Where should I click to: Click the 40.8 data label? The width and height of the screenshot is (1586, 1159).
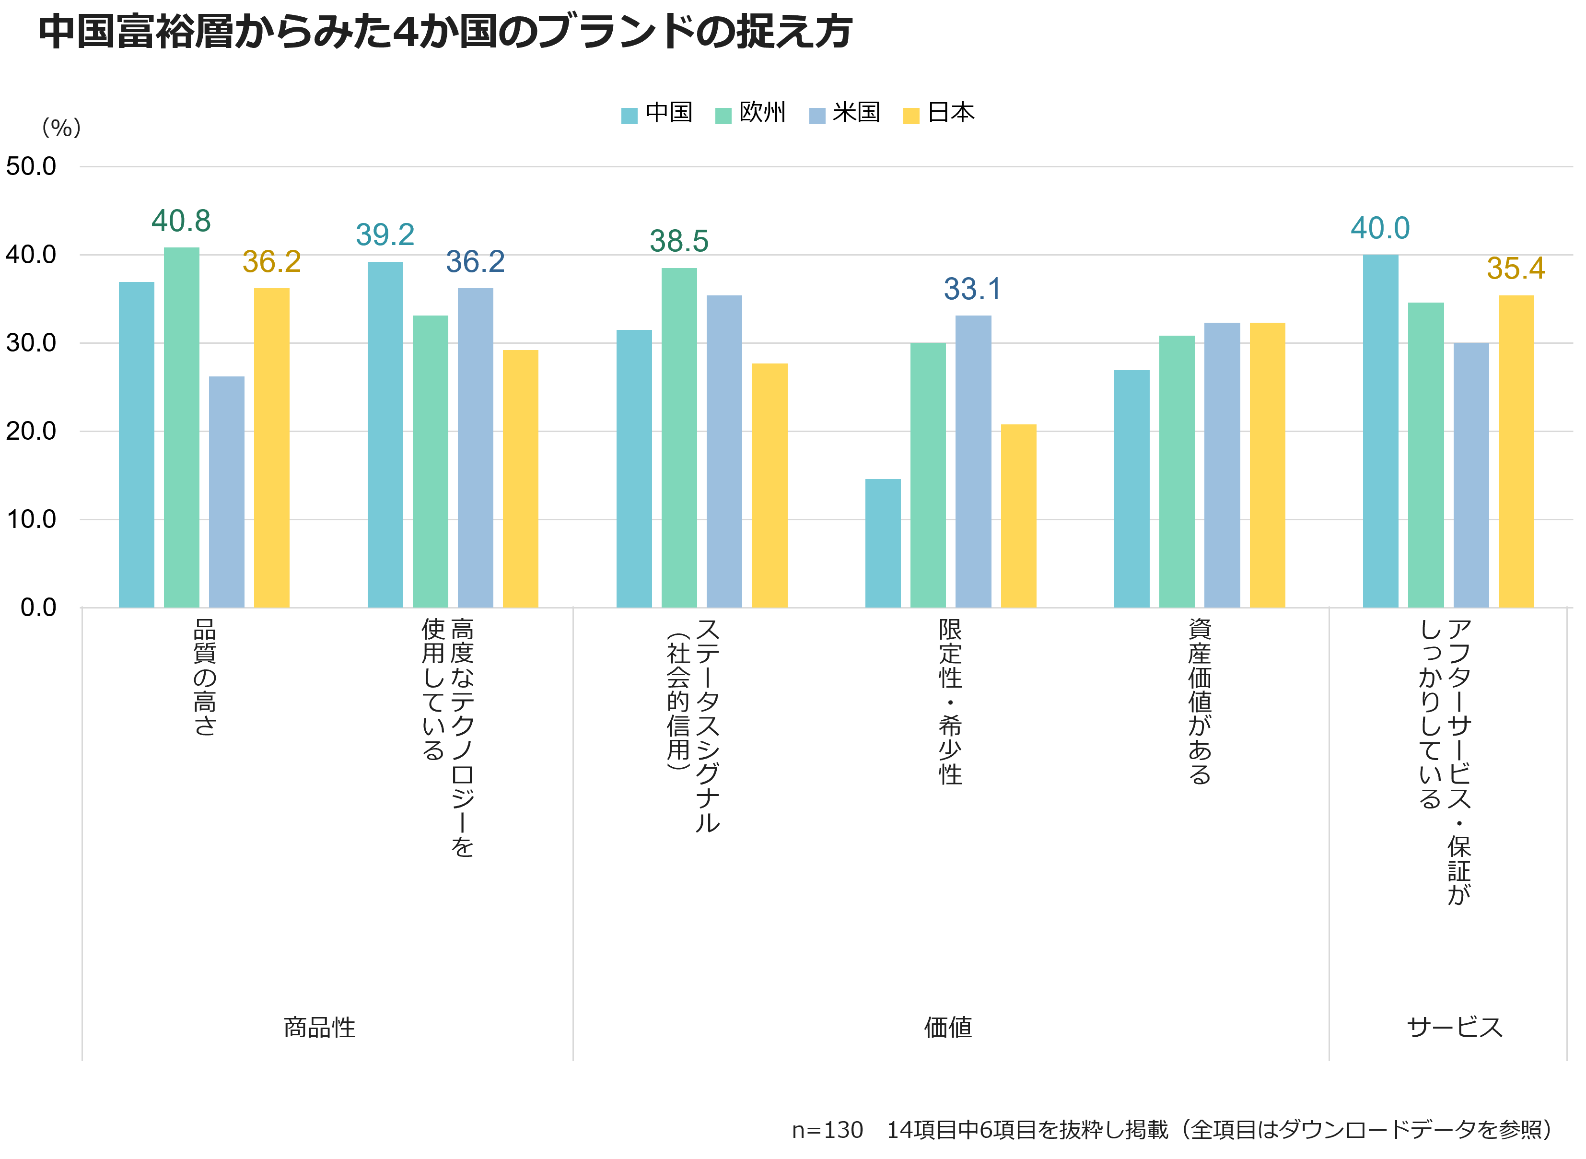pyautogui.click(x=181, y=222)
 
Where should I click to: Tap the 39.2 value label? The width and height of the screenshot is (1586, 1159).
pyautogui.click(x=385, y=235)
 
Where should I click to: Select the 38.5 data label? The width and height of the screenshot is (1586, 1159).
pyautogui.click(x=679, y=241)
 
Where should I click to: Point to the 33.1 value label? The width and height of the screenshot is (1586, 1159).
pyautogui.click(x=972, y=289)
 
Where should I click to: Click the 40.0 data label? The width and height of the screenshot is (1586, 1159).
pyautogui.click(x=1380, y=229)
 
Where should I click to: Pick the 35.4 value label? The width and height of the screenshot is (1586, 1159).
pyautogui.click(x=1516, y=269)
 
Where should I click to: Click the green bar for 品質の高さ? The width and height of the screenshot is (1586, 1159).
pyautogui.click(x=182, y=428)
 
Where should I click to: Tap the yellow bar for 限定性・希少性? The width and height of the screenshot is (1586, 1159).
pyautogui.click(x=1018, y=515)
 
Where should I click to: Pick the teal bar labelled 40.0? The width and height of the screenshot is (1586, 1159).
pyautogui.click(x=1380, y=432)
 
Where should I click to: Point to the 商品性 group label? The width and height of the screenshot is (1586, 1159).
pyautogui.click(x=319, y=1028)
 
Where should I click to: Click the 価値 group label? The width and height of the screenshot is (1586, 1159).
pyautogui.click(x=948, y=1028)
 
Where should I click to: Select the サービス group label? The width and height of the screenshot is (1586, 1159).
pyautogui.click(x=1454, y=1028)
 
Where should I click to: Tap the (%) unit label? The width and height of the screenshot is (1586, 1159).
pyautogui.click(x=62, y=128)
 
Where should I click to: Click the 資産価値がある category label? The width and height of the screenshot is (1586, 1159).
pyautogui.click(x=1200, y=701)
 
